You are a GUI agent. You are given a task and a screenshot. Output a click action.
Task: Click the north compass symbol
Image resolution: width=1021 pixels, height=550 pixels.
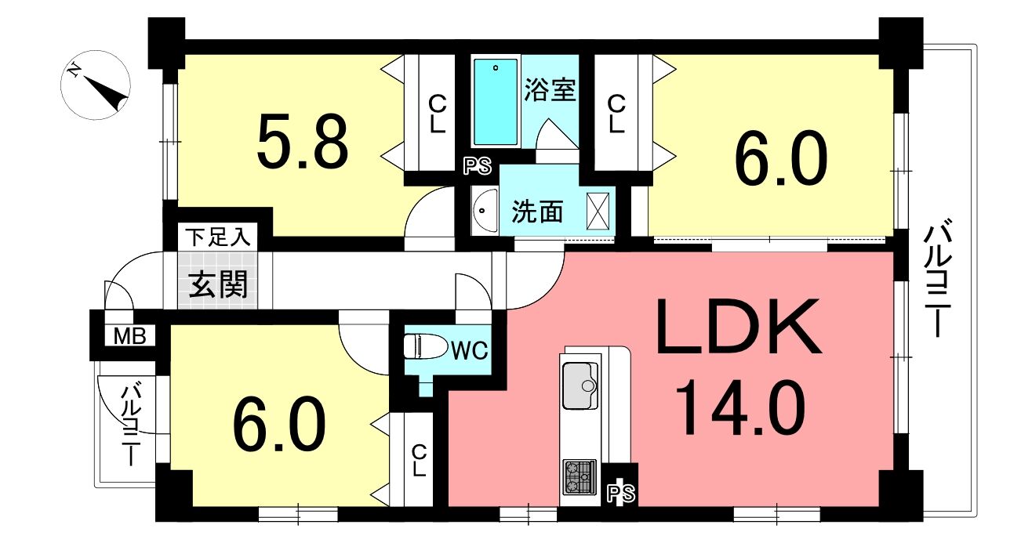[96, 85]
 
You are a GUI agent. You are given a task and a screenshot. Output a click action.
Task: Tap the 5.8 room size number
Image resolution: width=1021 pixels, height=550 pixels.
[302, 141]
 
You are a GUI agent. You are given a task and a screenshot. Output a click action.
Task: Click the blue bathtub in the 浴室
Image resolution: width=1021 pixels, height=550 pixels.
[496, 102]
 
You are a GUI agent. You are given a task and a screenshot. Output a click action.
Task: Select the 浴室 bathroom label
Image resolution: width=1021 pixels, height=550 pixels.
[550, 89]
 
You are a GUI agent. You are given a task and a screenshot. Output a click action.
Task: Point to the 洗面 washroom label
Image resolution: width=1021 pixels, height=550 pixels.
[537, 212]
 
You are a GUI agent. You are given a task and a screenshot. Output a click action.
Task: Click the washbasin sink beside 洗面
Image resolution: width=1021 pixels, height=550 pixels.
[484, 212]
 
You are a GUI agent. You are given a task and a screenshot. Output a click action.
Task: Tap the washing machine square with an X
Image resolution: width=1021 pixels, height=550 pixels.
[598, 212]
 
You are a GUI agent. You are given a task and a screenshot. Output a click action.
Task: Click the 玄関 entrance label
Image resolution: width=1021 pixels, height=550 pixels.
[218, 284]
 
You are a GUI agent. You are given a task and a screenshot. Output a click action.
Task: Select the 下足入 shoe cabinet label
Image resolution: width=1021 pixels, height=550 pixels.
[218, 237]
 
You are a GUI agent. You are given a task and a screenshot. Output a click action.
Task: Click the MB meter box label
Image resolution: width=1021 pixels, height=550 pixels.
[130, 336]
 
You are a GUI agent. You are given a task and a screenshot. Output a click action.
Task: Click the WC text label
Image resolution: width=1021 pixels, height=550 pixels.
[470, 350]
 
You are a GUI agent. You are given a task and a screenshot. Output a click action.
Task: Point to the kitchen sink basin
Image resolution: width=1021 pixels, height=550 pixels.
[580, 385]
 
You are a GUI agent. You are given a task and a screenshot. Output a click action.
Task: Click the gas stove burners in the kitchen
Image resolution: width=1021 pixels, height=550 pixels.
[580, 476]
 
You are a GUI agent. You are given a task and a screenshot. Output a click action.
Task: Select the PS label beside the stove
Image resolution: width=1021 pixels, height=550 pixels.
[621, 493]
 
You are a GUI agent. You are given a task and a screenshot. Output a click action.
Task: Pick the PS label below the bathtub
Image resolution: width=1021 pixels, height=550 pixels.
[478, 166]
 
